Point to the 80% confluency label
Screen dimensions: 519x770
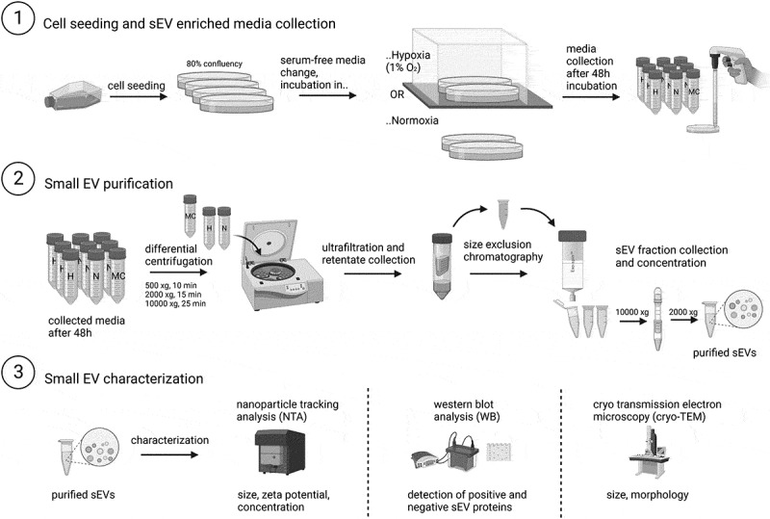pos(215,63)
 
